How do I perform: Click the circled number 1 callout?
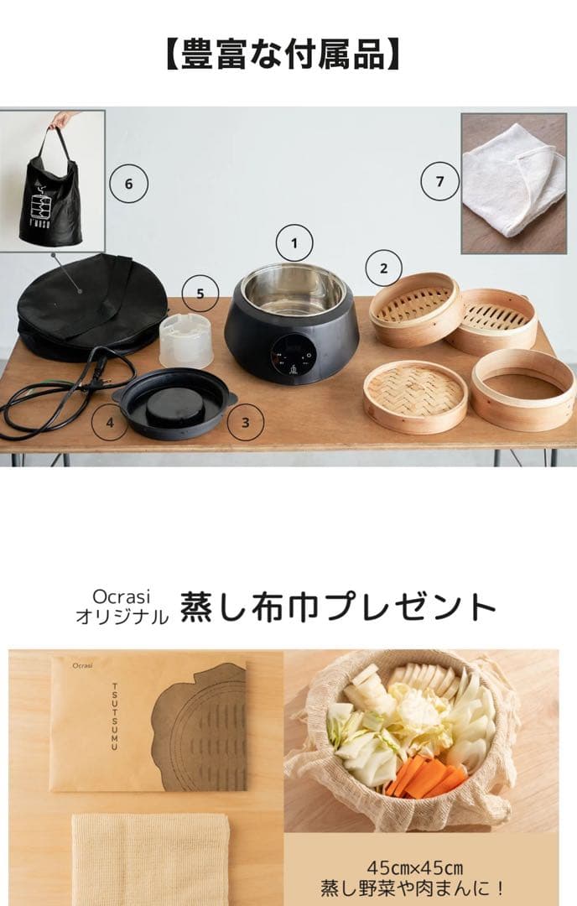(294, 243)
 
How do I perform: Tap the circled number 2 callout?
(384, 269)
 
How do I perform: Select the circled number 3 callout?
(245, 422)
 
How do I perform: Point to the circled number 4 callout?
(110, 422)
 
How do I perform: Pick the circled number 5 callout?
(200, 294)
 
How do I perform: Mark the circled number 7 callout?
(439, 181)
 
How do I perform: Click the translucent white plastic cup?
(185, 339)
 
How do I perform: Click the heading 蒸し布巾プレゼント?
(338, 606)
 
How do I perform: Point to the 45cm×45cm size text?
(415, 867)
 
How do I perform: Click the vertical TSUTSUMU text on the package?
(115, 716)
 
